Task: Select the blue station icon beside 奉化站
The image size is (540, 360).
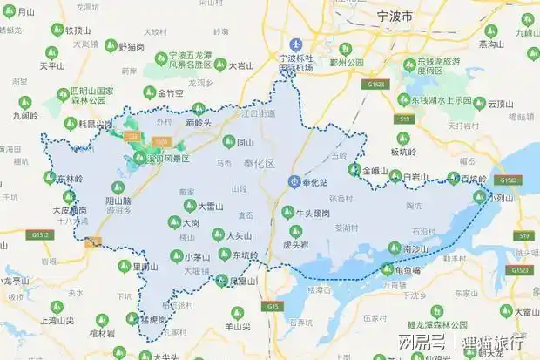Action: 294,180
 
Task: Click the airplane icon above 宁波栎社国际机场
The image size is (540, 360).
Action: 296,44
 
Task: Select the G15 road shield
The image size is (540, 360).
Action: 274,307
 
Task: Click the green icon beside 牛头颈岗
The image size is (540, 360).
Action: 287,212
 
